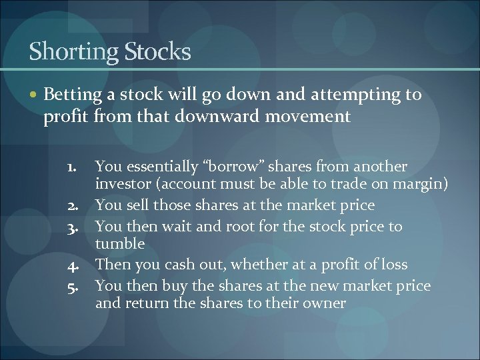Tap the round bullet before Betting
(x=34, y=95)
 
